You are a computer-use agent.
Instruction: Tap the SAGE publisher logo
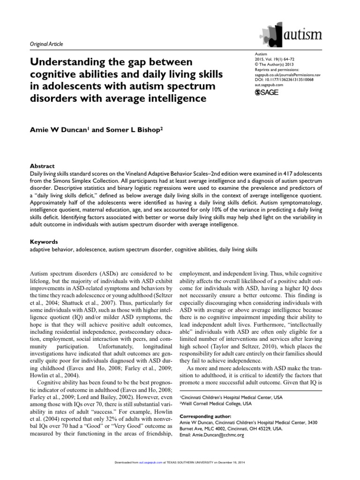click(266, 92)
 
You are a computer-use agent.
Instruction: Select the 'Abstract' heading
click(42, 166)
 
